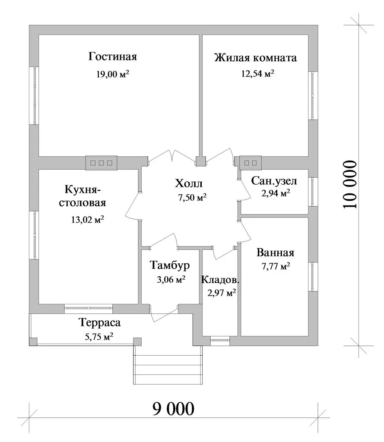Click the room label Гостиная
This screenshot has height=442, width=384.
(113, 57)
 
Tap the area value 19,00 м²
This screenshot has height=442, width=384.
(113, 74)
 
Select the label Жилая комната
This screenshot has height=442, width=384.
(256, 58)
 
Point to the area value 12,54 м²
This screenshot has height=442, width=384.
(257, 74)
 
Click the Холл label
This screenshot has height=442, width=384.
(188, 184)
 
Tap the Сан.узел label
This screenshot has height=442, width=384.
(274, 181)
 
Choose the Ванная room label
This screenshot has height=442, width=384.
(275, 253)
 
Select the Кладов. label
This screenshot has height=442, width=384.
(220, 280)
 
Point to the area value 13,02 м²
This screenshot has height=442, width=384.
(87, 220)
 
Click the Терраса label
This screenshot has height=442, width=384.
(99, 322)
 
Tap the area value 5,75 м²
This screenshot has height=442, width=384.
(99, 337)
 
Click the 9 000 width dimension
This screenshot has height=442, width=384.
(173, 407)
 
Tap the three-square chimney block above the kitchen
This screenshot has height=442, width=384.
(102, 163)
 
